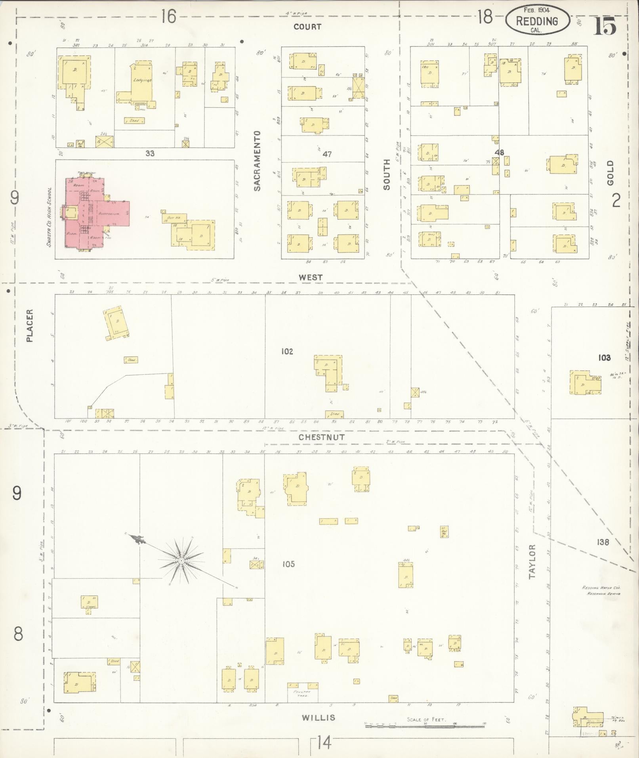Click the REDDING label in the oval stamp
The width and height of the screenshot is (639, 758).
pos(538,21)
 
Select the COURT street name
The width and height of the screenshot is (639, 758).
pos(307,27)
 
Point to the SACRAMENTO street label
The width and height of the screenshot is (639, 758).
pos(258,161)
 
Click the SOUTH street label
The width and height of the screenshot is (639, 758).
pos(387,177)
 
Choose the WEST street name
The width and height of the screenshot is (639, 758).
pos(311,277)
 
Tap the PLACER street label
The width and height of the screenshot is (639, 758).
pos(29,325)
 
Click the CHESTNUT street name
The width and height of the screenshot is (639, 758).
pos(322,437)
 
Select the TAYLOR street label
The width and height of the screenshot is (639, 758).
pos(532,561)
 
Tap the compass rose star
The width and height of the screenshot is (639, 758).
pos(181,561)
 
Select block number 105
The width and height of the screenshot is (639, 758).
pos(288,564)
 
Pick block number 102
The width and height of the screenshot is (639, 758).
pos(287,351)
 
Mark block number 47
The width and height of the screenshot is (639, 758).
pos(327,154)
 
